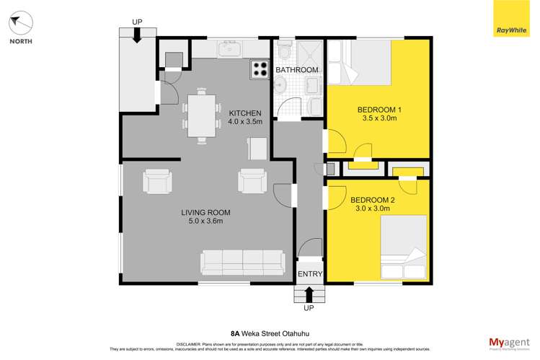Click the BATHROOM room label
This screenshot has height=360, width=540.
[296, 69]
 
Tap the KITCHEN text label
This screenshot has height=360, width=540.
[245, 113]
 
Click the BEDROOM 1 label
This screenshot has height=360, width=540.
[379, 110]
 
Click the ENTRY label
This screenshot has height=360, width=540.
[310, 274]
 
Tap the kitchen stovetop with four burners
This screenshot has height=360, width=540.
[259, 69]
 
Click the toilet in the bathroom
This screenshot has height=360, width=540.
[284, 51]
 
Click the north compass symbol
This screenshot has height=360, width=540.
[21, 23]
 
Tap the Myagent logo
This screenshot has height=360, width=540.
[508, 343]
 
